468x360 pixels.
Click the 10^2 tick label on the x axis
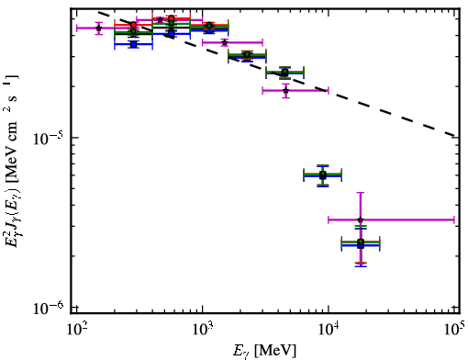coord(76,330)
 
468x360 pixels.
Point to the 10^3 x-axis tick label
coord(202,330)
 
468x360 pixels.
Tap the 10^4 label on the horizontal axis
coord(329,330)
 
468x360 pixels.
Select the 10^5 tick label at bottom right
coord(455,330)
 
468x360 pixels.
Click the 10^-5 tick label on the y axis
coord(48,140)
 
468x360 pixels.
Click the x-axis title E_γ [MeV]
coord(264,351)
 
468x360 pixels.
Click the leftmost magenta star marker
coord(98,28)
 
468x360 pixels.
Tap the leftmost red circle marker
coord(133,25)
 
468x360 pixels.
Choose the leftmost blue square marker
coord(133,44)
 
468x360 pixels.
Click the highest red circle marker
coord(172,18)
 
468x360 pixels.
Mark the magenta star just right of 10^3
coord(225,42)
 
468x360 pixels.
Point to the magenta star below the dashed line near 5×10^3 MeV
coord(285,91)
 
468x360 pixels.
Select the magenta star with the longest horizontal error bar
coord(361,219)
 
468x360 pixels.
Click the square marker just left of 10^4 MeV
coord(323,175)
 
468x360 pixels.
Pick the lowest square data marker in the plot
coord(361,244)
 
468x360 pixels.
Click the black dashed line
coord(277,74)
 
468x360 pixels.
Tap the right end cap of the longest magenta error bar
coord(454,219)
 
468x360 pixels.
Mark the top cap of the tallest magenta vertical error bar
coord(361,193)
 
